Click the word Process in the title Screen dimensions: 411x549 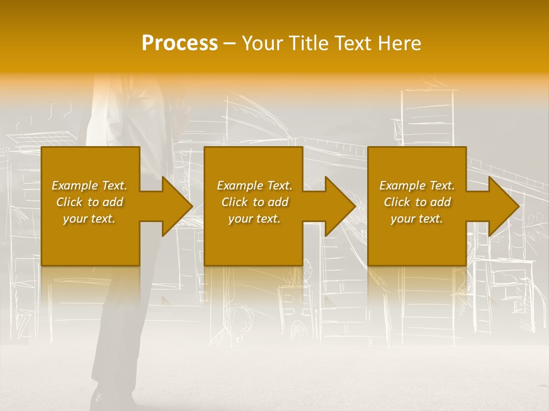coord(180,43)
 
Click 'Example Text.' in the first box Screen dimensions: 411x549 coord(89,186)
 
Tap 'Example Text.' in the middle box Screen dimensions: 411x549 coord(254,186)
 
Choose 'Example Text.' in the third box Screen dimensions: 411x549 coord(417,186)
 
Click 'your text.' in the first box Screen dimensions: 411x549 coord(89,219)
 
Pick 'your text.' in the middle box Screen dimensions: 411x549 coord(254,219)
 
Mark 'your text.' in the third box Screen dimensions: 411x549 coord(417,219)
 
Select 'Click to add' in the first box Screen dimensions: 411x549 coord(89,202)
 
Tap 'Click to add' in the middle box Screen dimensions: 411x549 coord(254,202)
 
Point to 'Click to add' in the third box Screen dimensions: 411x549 coord(417,202)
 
